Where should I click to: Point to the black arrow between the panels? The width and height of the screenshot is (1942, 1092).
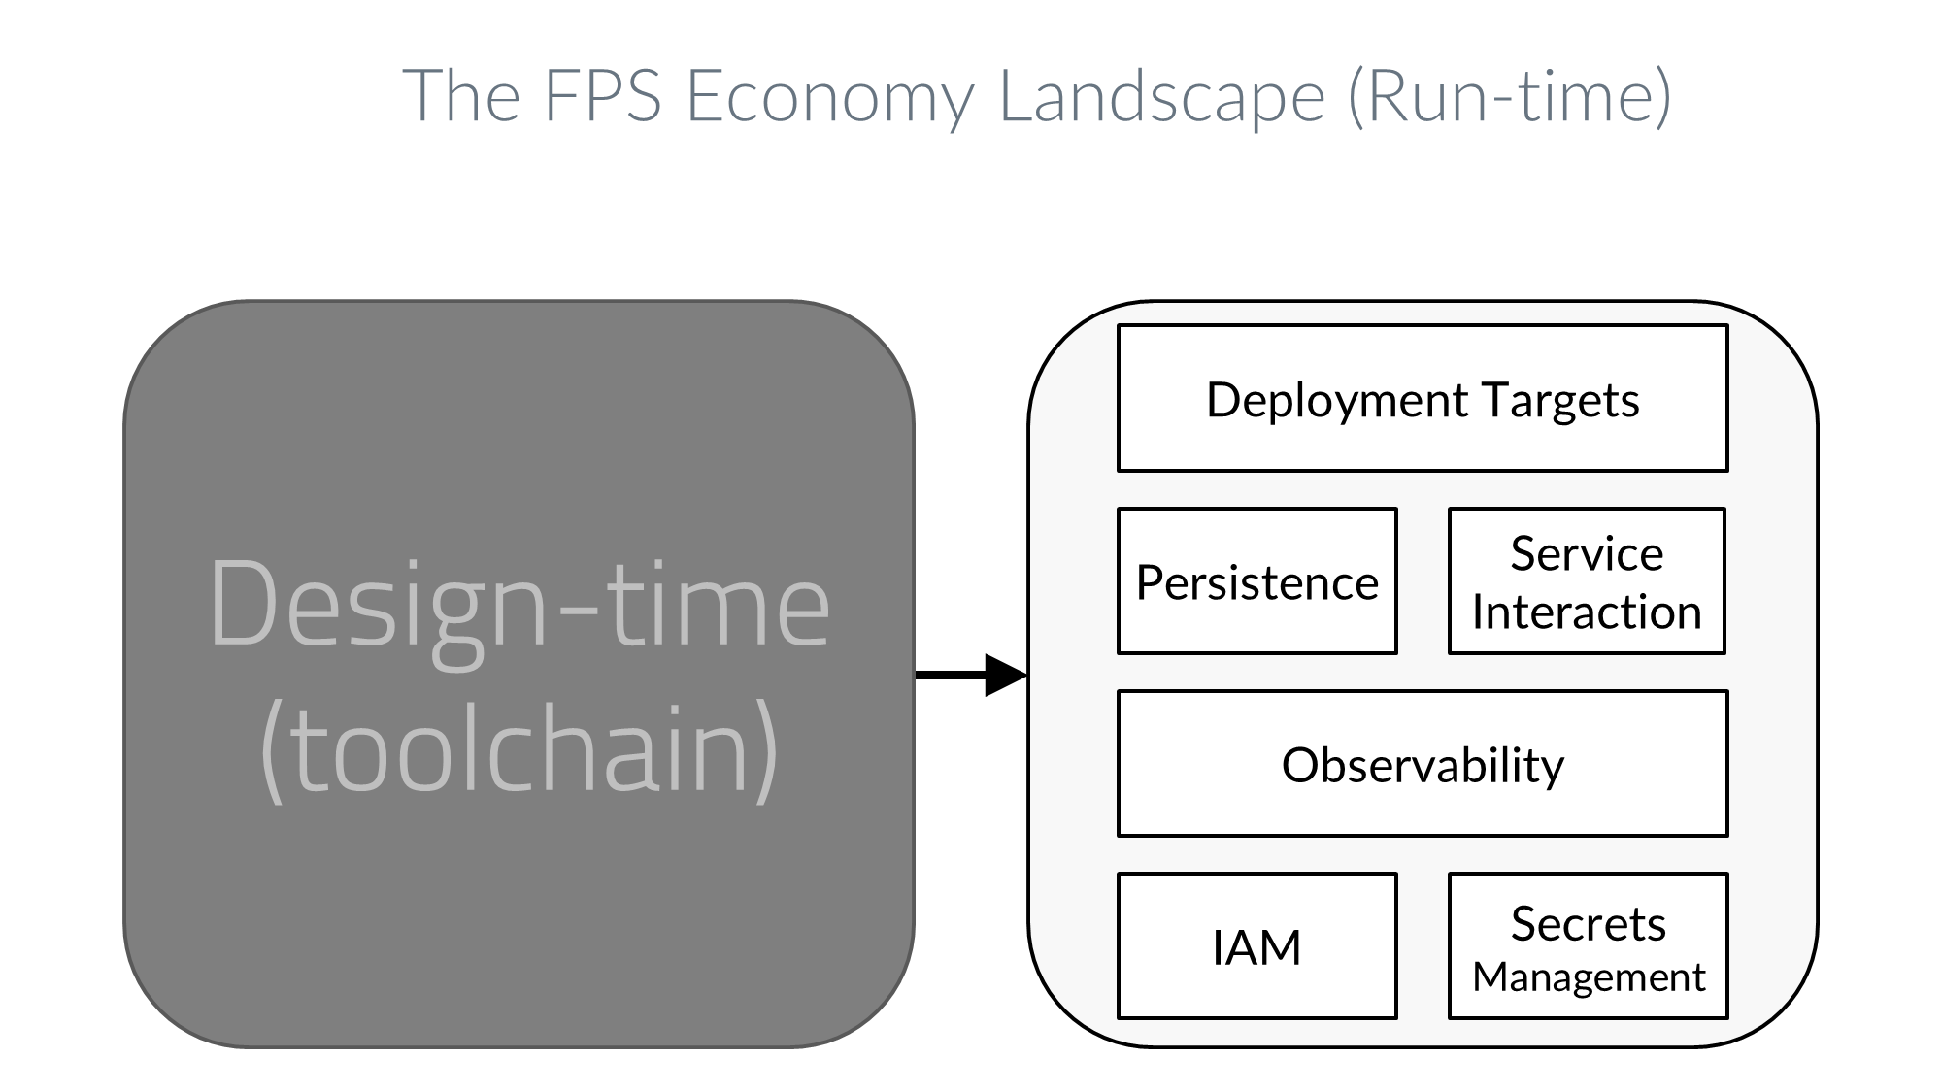pos(971,675)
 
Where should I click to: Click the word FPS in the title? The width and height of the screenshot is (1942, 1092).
pos(602,95)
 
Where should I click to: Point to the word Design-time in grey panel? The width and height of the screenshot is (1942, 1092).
pos(519,604)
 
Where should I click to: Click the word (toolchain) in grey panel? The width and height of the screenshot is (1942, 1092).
pos(519,749)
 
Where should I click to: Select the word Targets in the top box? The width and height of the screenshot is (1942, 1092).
pos(1560,400)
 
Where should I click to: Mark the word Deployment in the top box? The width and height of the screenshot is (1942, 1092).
pos(1336,400)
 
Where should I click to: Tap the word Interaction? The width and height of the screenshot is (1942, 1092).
pos(1587,612)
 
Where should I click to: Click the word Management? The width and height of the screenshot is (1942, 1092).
pos(1589,976)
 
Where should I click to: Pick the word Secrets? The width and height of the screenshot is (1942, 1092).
pos(1589,923)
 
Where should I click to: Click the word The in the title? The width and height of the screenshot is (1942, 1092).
pos(461,95)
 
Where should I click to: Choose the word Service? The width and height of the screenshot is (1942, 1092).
pos(1587,553)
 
